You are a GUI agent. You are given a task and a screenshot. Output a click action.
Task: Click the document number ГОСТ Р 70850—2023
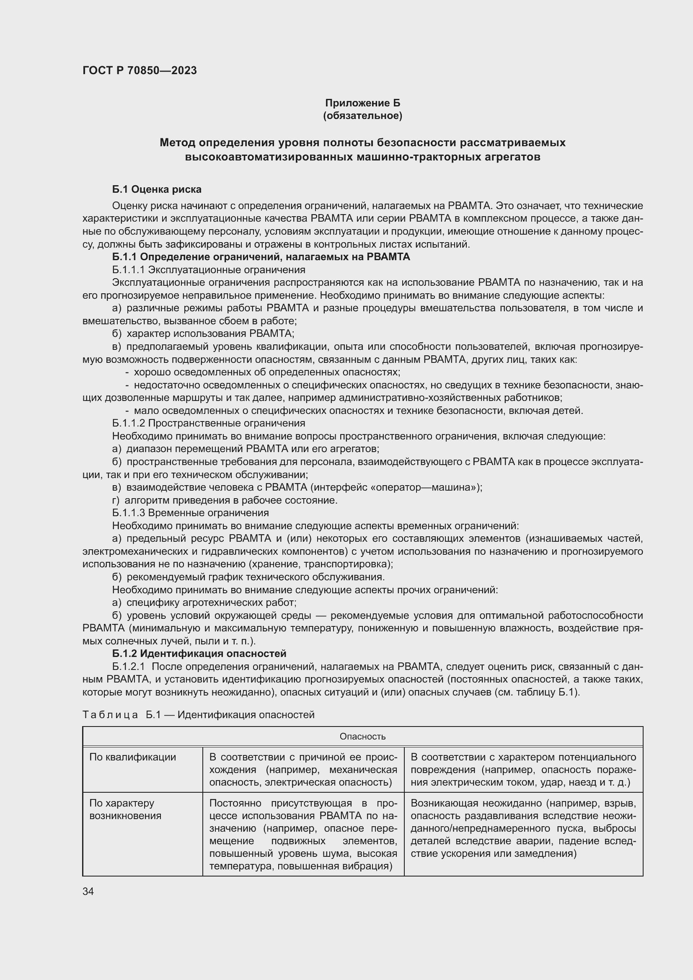(x=140, y=70)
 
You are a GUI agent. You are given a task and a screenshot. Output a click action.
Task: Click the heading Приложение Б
(x=362, y=103)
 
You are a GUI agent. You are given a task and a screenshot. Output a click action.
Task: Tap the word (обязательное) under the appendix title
(x=362, y=116)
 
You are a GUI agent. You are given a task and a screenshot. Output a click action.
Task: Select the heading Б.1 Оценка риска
(x=157, y=189)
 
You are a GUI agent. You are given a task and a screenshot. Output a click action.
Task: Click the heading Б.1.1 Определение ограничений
(x=261, y=256)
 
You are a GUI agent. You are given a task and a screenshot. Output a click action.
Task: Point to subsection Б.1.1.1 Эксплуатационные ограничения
(x=209, y=270)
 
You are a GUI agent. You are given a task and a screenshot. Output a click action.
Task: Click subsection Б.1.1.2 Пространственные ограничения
(x=209, y=423)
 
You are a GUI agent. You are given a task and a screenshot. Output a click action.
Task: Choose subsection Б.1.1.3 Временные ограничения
(x=190, y=512)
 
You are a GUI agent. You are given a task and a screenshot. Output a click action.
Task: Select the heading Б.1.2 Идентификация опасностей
(x=199, y=654)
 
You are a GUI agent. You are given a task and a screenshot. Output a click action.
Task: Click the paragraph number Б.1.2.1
(x=129, y=666)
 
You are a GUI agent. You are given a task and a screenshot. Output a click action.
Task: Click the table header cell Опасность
(x=362, y=736)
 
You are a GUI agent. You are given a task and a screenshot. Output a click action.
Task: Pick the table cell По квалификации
(x=133, y=757)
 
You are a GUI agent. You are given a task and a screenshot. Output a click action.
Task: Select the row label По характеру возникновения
(x=125, y=809)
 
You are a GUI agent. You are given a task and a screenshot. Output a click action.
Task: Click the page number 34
(x=88, y=891)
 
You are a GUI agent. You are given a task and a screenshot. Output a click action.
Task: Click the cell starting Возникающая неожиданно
(x=523, y=828)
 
